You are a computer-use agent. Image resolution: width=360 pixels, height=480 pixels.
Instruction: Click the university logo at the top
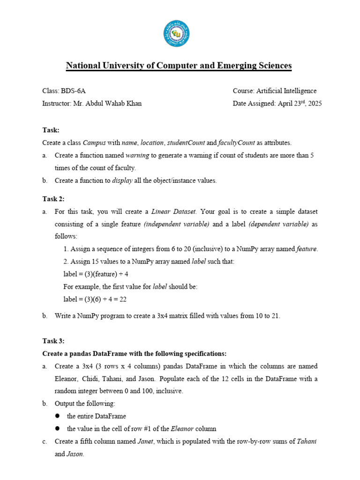(177, 33)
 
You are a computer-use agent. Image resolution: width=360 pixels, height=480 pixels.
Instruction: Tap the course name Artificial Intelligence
(289, 91)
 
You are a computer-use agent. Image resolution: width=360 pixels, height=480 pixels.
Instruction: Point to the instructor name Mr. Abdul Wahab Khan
(107, 104)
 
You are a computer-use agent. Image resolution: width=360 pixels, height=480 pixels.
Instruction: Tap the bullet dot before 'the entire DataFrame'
(58, 416)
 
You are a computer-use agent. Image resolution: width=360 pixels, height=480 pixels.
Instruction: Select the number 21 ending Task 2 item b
(274, 315)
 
